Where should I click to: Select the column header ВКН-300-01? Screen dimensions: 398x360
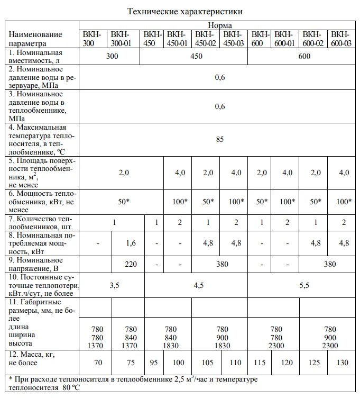pyautogui.click(x=123, y=39)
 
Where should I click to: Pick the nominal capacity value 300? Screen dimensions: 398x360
pyautogui.click(x=112, y=56)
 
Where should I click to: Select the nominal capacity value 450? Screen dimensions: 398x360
pyautogui.click(x=197, y=56)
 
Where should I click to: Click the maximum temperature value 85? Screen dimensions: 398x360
pyautogui.click(x=219, y=139)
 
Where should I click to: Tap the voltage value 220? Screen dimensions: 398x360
pyautogui.click(x=131, y=263)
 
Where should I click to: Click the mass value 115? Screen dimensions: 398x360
pyautogui.click(x=260, y=363)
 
